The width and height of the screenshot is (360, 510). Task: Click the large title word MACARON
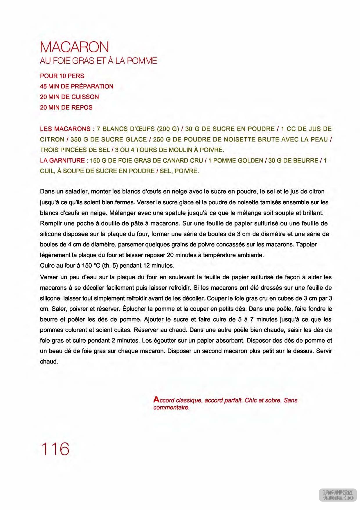75,47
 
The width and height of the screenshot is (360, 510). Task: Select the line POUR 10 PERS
62,76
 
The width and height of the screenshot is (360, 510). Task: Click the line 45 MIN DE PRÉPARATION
77,87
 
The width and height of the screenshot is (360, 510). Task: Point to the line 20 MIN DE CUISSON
69,97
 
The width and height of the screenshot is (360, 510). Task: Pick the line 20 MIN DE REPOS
66,108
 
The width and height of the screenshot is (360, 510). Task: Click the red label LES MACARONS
65,129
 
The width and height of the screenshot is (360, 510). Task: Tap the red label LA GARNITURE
62,161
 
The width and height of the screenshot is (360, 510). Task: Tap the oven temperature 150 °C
91,266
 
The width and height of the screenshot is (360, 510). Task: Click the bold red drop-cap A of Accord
156,400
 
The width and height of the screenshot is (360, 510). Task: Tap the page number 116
55,449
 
